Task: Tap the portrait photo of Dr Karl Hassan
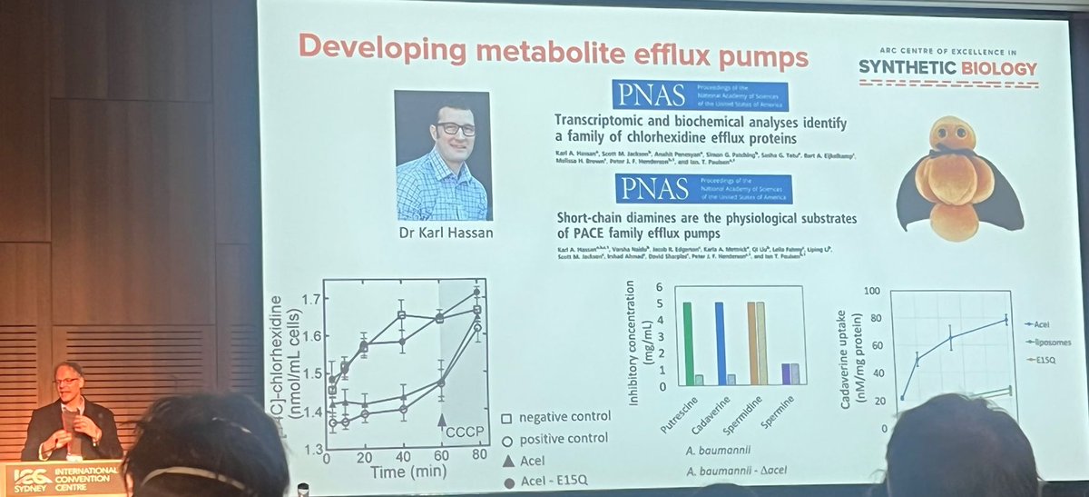point(443,155)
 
